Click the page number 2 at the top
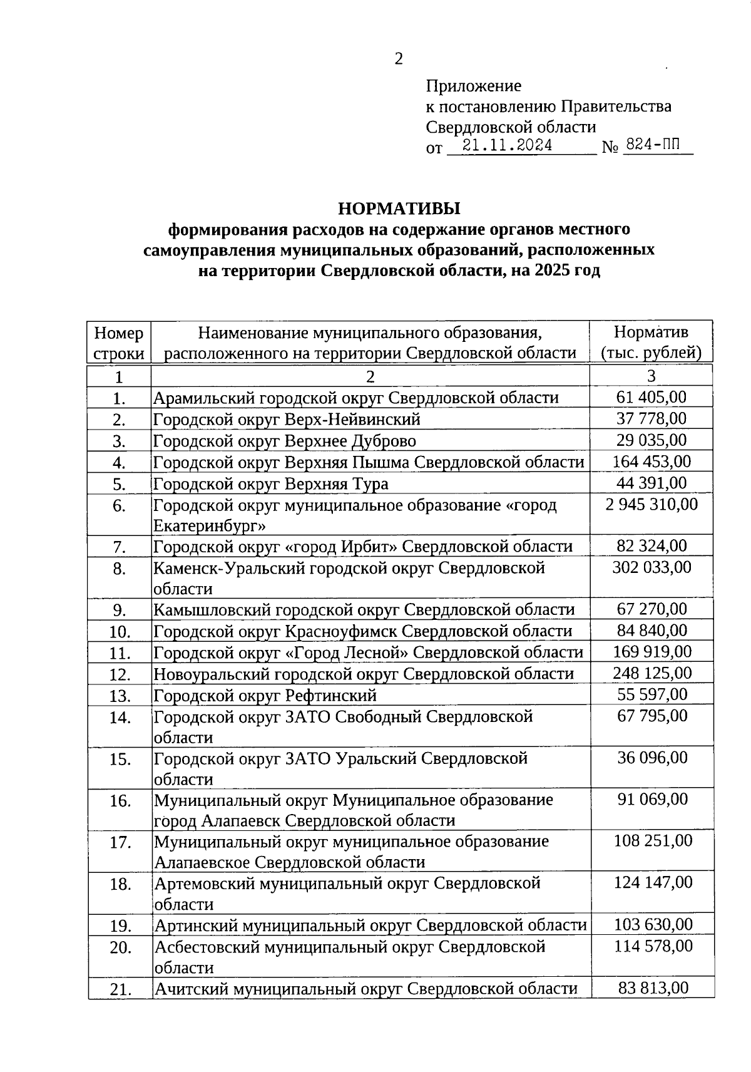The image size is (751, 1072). pyautogui.click(x=398, y=59)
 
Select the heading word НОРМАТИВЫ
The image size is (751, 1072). pyautogui.click(x=399, y=208)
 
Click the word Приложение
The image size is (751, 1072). pyautogui.click(x=473, y=86)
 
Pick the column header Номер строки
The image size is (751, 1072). pyautogui.click(x=119, y=343)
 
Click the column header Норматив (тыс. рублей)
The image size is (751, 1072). pyautogui.click(x=651, y=342)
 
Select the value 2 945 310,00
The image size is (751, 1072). pyautogui.click(x=651, y=504)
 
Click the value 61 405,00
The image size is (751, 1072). pyautogui.click(x=651, y=397)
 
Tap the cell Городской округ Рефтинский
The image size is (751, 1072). pyautogui.click(x=265, y=695)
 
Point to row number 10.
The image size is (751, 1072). pyautogui.click(x=119, y=632)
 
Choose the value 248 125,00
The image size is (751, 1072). pyautogui.click(x=651, y=673)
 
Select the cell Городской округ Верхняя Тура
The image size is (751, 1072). pyautogui.click(x=271, y=484)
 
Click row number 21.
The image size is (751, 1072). pyautogui.click(x=120, y=990)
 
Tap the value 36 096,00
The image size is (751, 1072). pyautogui.click(x=652, y=758)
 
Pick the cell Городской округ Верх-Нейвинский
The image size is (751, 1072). pyautogui.click(x=287, y=420)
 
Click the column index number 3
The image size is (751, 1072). pyautogui.click(x=651, y=376)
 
